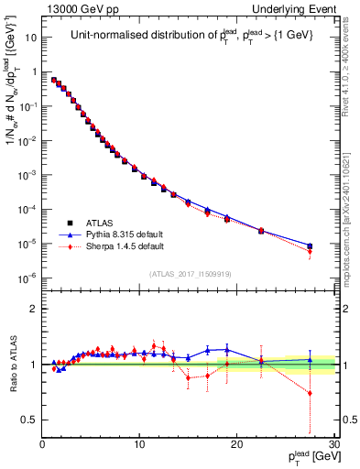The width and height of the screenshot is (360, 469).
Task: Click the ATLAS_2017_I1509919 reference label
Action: click(x=189, y=273)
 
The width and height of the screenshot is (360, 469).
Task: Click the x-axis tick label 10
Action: click(x=139, y=445)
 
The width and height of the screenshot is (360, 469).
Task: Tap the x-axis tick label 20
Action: click(x=236, y=445)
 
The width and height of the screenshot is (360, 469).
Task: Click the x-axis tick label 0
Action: click(x=43, y=445)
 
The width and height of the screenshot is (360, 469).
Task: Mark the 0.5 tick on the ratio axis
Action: click(x=29, y=420)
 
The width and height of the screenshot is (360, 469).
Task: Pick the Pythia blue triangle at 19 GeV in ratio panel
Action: click(x=227, y=350)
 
